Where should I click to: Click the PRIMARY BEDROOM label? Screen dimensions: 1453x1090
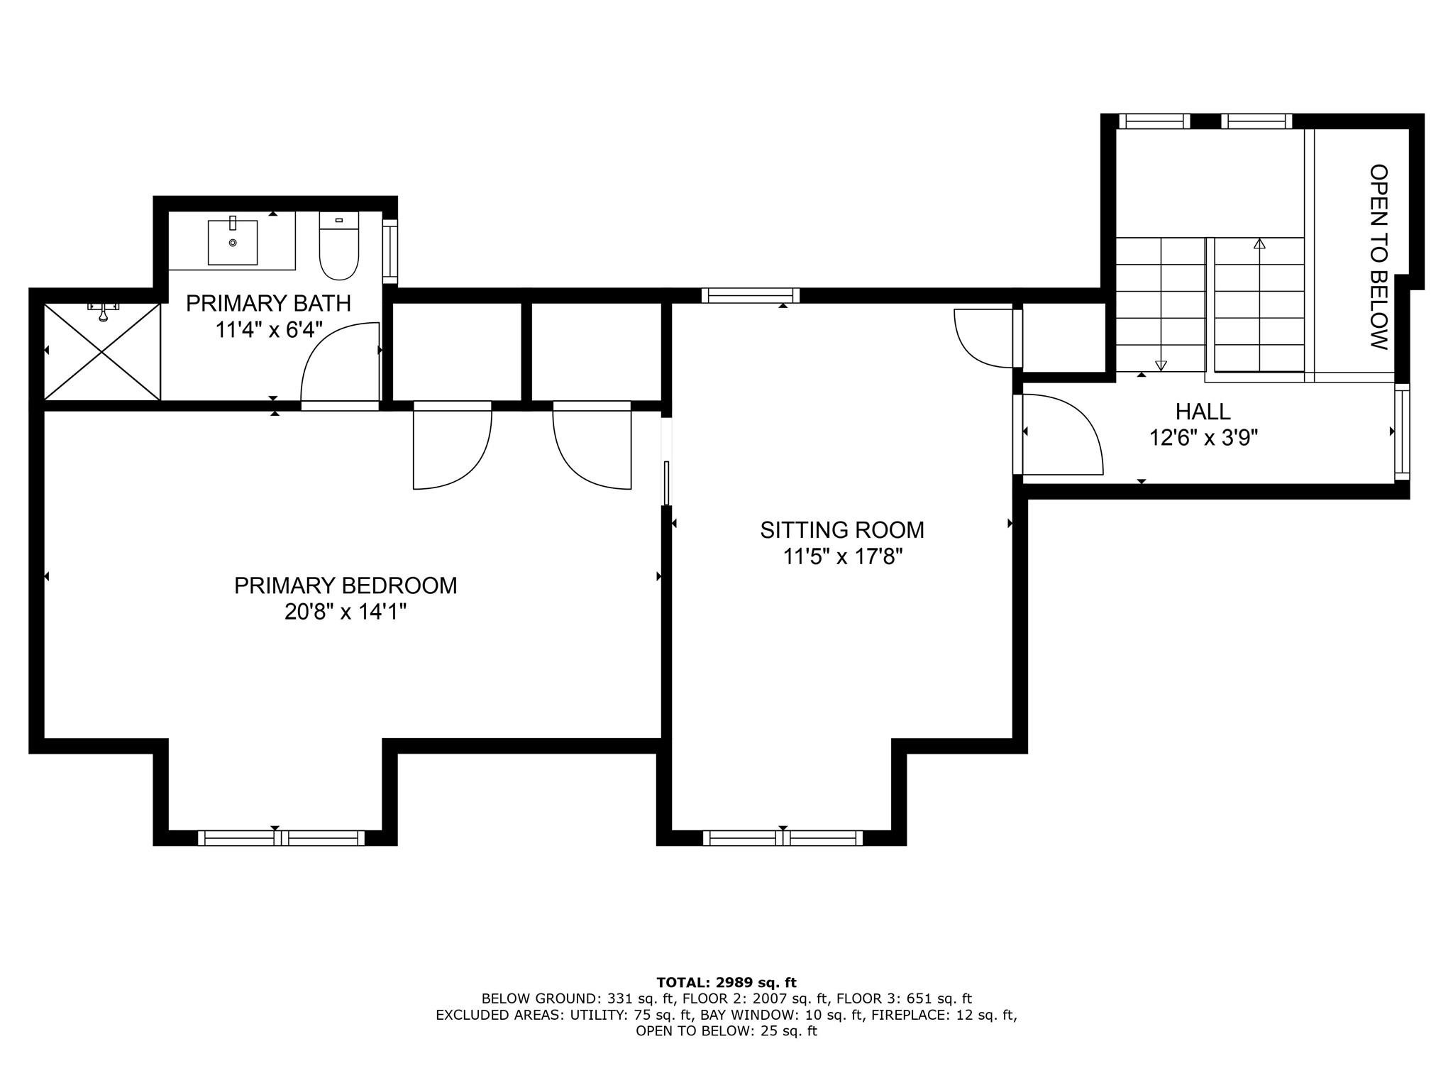pos(346,585)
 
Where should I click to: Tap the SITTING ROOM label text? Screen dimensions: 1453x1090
pos(842,530)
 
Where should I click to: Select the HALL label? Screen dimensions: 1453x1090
pos(1203,412)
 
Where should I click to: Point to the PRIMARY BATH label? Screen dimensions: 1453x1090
pos(268,304)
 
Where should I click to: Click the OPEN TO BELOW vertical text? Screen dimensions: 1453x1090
pos(1379,257)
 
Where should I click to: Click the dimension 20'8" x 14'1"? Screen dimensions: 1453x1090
pos(346,612)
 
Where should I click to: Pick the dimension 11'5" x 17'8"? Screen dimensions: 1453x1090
pos(842,556)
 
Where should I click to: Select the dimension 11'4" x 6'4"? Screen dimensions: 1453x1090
pos(269,330)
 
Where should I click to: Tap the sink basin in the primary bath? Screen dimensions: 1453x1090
pos(233,242)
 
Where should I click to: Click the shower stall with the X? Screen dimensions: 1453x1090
pos(102,352)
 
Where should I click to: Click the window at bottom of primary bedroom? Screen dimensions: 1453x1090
pos(281,837)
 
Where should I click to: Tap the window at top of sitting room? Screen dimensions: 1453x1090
pos(751,295)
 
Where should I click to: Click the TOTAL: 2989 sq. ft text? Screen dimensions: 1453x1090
pos(726,983)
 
